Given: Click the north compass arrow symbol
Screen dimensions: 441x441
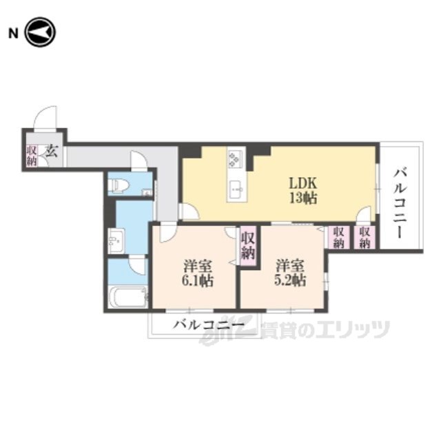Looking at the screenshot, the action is pos(41,32).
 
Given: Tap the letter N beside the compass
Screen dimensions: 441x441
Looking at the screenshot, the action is pos(13,34).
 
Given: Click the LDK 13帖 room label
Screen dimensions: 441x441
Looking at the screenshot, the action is pos(303,191).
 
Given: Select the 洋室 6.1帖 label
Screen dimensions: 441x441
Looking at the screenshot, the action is pos(198,274).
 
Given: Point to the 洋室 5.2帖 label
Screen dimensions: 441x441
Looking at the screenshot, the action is pos(290,273).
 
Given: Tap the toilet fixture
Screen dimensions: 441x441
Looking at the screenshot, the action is pos(118,185).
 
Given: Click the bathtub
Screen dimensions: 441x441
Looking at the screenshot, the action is pos(128,297).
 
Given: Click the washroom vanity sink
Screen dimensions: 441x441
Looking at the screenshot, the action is pos(116,240).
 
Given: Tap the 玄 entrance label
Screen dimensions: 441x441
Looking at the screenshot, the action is pos(52,151).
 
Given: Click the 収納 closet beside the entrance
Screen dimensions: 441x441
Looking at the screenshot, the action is pos(32,156).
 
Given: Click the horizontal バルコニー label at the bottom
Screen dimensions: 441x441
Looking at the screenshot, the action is pos(208,325).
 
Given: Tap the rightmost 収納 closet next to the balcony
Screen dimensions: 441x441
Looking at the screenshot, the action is pos(365,238).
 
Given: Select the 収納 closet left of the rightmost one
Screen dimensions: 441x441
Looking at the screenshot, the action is pos(339,238).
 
